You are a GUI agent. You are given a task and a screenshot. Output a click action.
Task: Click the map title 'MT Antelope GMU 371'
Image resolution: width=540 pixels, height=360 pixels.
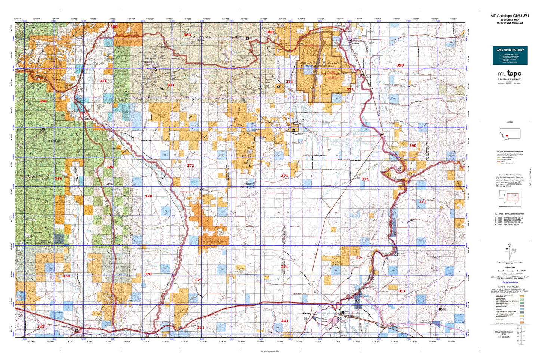(510, 16)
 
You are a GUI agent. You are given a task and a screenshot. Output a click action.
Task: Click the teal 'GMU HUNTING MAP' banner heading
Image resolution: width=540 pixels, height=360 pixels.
(510, 50)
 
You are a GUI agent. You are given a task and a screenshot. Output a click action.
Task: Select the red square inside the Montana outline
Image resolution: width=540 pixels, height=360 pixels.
(507, 136)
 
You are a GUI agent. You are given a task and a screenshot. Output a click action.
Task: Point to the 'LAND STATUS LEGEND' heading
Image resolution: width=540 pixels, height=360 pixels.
(510, 286)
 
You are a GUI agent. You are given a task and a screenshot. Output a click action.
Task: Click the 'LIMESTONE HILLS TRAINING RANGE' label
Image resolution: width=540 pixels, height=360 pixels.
(320, 63)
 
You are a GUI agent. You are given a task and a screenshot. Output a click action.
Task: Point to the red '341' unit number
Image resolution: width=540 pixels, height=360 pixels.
(41, 326)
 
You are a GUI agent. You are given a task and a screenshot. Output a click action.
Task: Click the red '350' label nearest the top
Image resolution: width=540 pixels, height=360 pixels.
(43, 101)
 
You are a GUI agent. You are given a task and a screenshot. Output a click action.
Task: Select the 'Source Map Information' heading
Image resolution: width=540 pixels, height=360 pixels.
(510, 174)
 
